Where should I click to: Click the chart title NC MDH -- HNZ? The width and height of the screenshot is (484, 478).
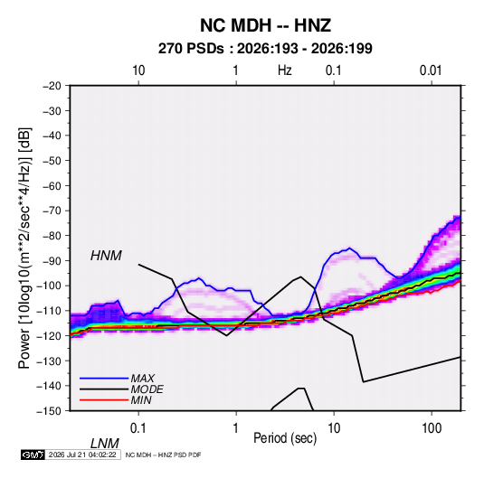point(265,25)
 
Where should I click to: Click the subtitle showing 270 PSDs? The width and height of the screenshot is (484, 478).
point(265,49)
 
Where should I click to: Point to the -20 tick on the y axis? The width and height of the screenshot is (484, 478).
point(52,86)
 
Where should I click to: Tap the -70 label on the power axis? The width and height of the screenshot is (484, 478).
point(52,211)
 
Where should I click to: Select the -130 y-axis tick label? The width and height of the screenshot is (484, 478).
point(49,361)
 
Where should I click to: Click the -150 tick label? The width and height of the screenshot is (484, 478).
point(49,411)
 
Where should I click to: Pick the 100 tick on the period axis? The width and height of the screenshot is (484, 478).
point(432,428)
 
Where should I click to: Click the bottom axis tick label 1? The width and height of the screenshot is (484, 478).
point(236,428)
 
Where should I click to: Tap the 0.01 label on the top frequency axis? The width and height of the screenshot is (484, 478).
point(431,70)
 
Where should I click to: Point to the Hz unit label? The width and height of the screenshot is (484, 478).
point(285,70)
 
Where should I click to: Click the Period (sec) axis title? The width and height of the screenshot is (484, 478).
point(285,438)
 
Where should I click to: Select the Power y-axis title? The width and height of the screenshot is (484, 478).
point(24,248)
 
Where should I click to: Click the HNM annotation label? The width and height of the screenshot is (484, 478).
point(106,256)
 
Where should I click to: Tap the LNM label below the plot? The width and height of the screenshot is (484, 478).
point(104,444)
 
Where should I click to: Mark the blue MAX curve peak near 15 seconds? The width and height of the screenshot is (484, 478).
point(349,248)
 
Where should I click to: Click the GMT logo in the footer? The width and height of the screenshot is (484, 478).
point(33,455)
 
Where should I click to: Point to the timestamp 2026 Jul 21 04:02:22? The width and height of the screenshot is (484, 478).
point(82,455)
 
